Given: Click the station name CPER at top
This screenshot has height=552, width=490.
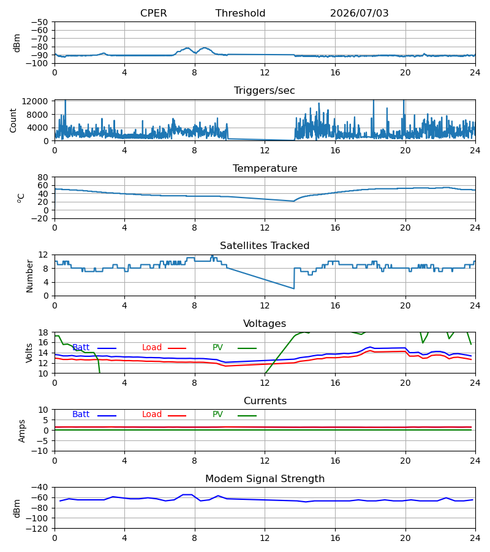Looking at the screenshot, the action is click(153, 13).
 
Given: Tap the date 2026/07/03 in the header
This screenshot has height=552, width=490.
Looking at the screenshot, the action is click(360, 13).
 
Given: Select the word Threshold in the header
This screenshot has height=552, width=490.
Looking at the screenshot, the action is click(241, 13).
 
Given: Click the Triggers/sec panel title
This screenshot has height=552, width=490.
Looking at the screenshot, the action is click(265, 91).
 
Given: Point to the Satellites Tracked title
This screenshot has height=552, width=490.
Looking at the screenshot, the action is click(265, 245).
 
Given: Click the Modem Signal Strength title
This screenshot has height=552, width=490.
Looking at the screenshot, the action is click(265, 479).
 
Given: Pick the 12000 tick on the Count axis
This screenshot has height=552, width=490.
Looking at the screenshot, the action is click(35, 101).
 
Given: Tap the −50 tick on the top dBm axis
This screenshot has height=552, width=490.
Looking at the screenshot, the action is click(39, 22).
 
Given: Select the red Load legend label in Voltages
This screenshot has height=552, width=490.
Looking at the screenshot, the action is click(152, 347).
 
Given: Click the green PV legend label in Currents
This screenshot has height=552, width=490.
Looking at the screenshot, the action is click(217, 415).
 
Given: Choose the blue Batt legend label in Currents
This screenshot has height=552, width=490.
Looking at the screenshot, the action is click(81, 415).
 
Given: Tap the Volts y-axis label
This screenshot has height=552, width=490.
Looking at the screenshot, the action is click(29, 353).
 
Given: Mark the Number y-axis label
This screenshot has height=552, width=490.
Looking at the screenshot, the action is click(29, 276).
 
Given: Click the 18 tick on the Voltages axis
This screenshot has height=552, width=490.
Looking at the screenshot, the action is click(43, 332).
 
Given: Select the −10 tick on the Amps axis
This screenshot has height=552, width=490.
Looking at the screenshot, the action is click(39, 451).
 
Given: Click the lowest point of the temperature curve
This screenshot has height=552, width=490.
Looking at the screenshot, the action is click(294, 201).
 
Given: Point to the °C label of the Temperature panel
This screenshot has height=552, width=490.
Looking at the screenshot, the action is click(21, 198).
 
